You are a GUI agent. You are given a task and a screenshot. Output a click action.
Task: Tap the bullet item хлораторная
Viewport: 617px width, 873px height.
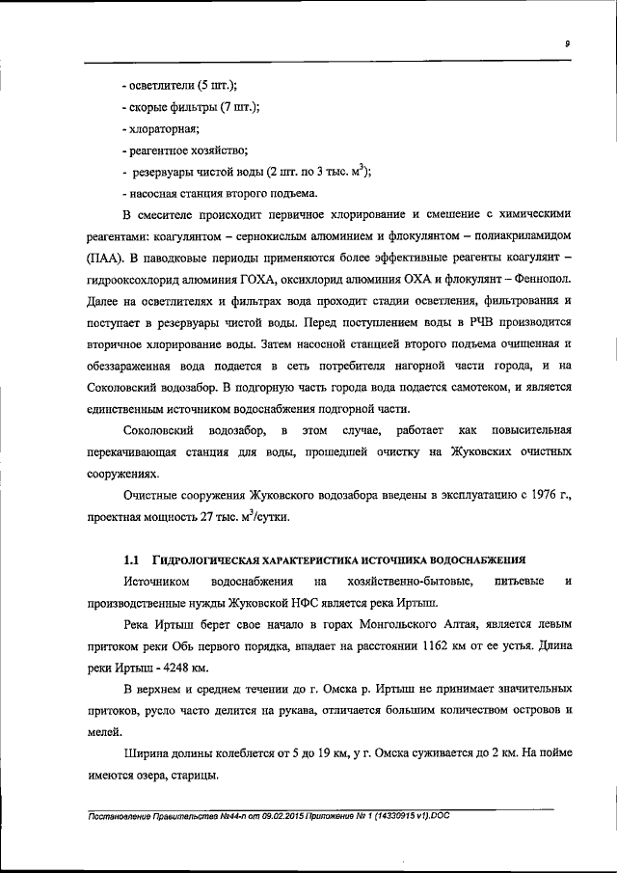[159, 128]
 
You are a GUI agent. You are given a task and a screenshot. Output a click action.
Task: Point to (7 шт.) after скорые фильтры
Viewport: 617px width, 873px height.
[239, 107]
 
